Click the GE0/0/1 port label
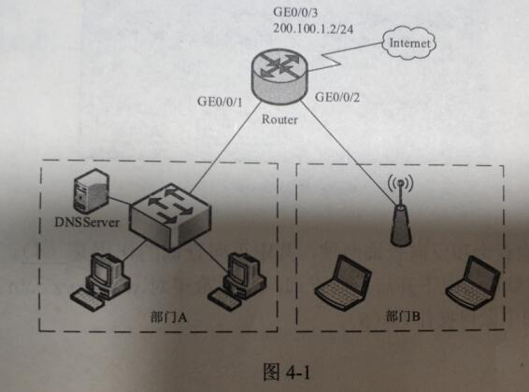pyautogui.click(x=221, y=101)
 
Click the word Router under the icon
pyautogui.click(x=279, y=119)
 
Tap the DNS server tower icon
pyautogui.click(x=90, y=194)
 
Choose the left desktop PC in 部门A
pyautogui.click(x=102, y=278)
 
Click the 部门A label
pyautogui.click(x=168, y=317)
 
